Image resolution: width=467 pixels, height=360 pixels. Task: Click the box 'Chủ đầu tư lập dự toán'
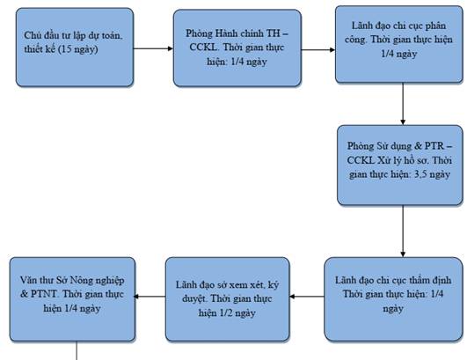[x=75, y=48]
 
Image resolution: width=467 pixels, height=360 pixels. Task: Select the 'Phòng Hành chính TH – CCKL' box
[x=237, y=48]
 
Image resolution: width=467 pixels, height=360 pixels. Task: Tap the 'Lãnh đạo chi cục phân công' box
[x=399, y=44]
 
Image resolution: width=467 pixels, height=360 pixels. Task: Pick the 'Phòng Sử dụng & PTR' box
[x=400, y=165]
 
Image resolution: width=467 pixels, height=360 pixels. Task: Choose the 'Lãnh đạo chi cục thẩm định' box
[x=393, y=299]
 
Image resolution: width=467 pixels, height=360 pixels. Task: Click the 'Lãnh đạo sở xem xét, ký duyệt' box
[x=228, y=299]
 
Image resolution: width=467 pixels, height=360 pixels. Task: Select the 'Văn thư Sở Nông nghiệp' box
[x=72, y=299]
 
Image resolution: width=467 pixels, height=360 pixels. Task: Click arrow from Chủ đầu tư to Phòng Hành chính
[x=153, y=48]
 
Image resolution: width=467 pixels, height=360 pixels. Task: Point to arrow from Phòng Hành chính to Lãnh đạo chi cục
[x=318, y=50]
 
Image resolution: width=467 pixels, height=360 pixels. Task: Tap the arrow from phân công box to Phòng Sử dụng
[x=403, y=104]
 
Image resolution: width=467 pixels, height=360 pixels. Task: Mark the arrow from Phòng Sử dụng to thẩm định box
[x=403, y=231]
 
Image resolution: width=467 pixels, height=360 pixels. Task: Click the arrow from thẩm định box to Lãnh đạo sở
[x=307, y=297]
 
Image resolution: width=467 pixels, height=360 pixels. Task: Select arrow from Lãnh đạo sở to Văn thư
[x=150, y=297]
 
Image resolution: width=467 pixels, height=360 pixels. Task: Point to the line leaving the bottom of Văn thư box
[x=77, y=350]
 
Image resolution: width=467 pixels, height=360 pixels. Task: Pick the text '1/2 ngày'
[x=237, y=313]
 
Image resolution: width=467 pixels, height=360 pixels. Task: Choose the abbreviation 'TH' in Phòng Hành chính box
[x=273, y=33]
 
